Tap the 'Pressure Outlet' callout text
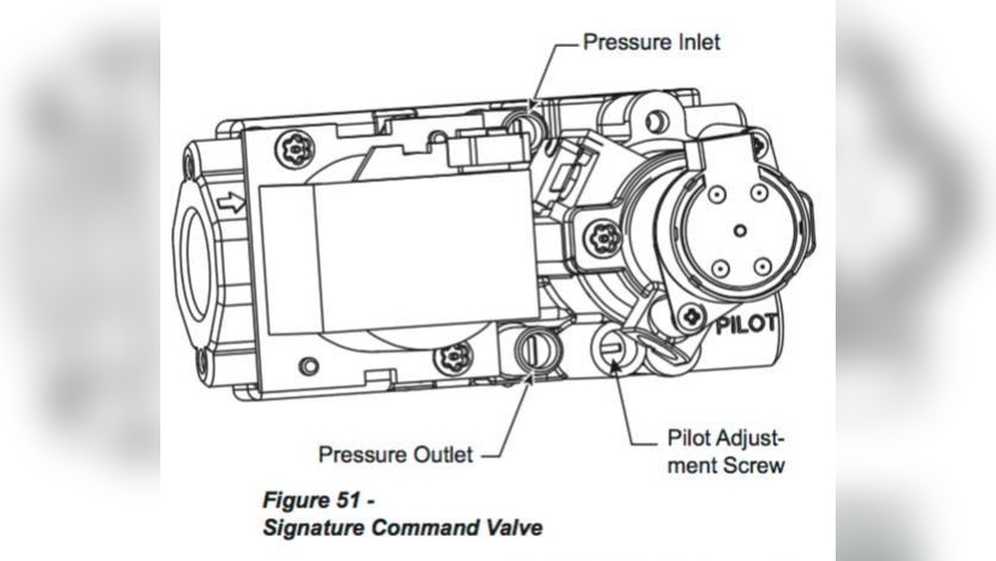click(394, 454)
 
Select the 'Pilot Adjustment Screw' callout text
click(725, 451)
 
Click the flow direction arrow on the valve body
click(231, 202)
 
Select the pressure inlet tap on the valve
click(526, 126)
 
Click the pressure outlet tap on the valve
click(535, 351)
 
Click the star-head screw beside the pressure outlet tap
click(455, 354)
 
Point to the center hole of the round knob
click(738, 229)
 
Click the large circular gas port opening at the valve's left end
click(195, 259)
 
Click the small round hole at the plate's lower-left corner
click(309, 366)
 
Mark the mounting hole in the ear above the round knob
click(654, 120)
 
